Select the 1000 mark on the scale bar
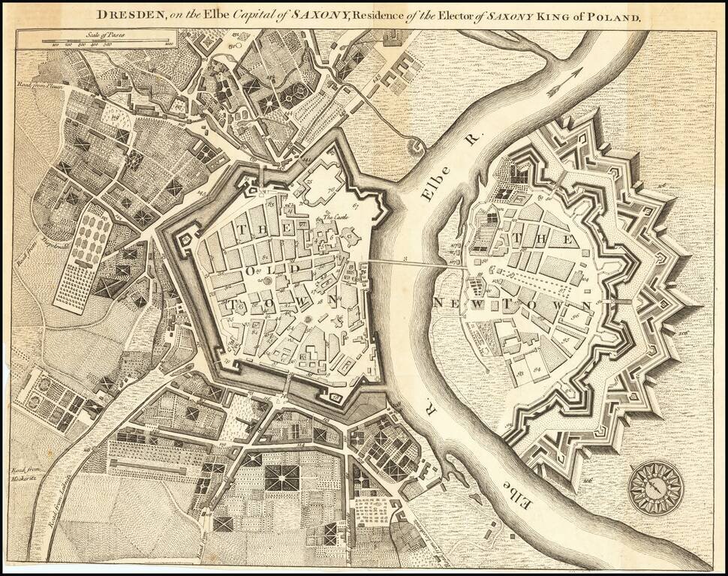[170, 46]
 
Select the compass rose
[654, 487]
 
